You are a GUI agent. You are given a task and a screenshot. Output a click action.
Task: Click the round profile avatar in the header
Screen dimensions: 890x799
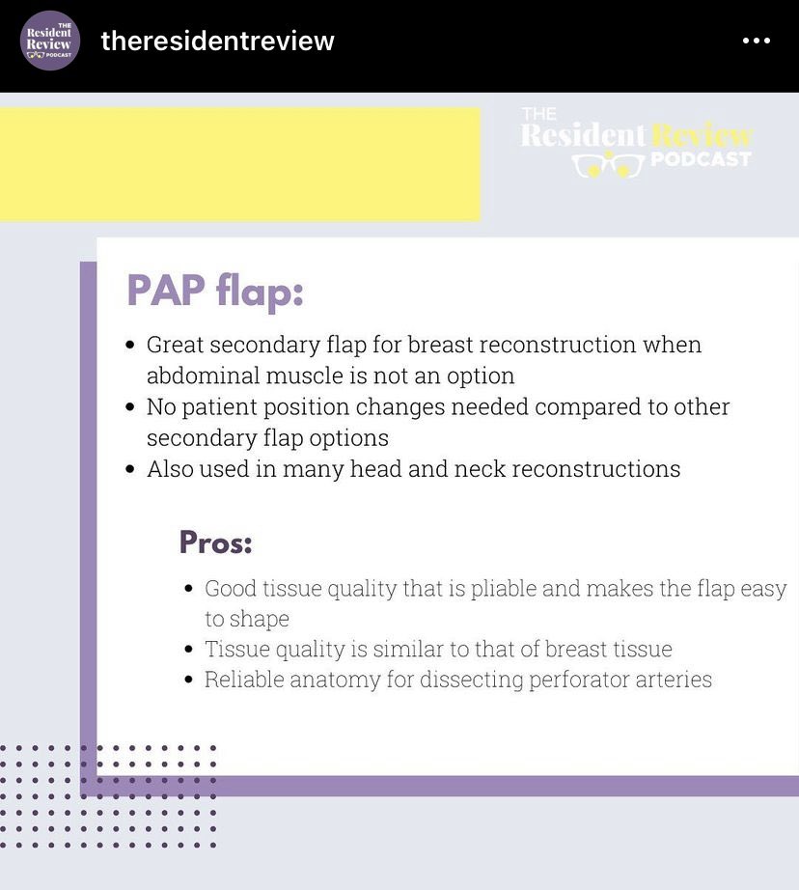[x=49, y=41]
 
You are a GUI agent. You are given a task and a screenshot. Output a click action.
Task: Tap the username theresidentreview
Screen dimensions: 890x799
[x=217, y=42]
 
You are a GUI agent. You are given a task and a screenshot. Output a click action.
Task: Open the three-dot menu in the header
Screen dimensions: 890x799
[x=756, y=41]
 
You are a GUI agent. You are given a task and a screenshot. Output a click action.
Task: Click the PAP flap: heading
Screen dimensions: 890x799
[x=215, y=292]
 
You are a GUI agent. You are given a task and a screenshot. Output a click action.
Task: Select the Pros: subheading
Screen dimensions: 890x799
[x=215, y=542]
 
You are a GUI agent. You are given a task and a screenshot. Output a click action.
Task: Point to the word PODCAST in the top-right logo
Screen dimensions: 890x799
[x=701, y=159]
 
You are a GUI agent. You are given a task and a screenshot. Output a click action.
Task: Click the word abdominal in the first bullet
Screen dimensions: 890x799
[x=196, y=376]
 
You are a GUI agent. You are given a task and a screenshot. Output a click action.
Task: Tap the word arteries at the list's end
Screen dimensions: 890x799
[x=674, y=680]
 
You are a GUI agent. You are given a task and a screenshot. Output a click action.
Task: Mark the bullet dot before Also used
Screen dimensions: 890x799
[x=130, y=470]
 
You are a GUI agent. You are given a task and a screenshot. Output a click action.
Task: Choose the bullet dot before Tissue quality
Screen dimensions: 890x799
[x=189, y=650]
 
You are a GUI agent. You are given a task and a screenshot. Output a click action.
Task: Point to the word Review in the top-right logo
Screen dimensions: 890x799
[x=702, y=134]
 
